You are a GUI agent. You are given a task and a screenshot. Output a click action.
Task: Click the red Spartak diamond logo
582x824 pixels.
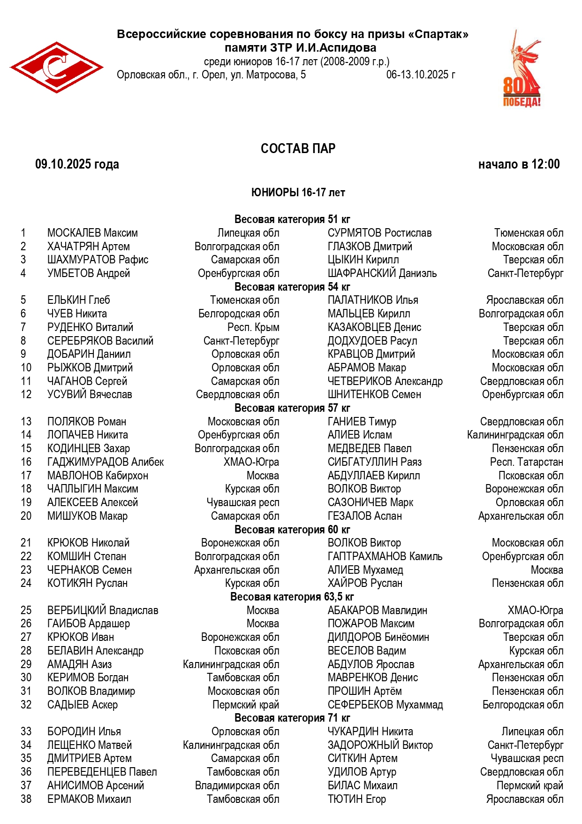tap(56, 67)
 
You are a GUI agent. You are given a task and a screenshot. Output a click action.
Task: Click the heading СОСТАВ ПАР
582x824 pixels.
tap(298, 148)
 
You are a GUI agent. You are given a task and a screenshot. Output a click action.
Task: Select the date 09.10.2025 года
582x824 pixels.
tap(77, 164)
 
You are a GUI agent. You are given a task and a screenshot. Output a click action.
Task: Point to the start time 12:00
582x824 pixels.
tap(545, 164)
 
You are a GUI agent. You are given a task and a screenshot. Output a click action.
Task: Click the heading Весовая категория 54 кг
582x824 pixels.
tap(292, 287)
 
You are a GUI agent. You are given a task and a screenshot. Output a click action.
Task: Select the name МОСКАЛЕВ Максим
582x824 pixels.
tap(92, 233)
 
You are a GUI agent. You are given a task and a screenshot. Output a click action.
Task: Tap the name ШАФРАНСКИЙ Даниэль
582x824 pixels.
tap(382, 273)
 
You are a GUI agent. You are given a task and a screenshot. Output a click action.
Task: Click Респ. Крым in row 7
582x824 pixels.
tap(253, 327)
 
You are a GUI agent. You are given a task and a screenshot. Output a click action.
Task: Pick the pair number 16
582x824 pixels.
tap(26, 462)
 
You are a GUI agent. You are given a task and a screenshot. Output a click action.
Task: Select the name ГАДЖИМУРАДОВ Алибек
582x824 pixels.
tap(106, 462)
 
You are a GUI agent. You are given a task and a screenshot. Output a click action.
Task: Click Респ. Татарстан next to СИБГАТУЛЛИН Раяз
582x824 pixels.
tap(526, 462)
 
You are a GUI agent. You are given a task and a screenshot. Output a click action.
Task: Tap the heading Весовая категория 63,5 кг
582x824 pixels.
tap(292, 597)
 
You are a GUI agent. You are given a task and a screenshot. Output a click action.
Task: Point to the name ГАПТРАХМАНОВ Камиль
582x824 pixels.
tap(385, 556)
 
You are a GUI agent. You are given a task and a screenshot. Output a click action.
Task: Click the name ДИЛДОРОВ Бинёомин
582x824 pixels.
tap(378, 637)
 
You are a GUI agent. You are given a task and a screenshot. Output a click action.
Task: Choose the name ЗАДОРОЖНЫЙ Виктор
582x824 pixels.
tap(380, 745)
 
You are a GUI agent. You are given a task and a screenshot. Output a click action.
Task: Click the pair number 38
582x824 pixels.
tap(26, 799)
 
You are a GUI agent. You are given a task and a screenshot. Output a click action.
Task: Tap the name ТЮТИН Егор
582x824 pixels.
tap(356, 799)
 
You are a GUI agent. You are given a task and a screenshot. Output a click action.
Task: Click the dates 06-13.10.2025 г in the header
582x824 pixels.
tap(420, 75)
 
